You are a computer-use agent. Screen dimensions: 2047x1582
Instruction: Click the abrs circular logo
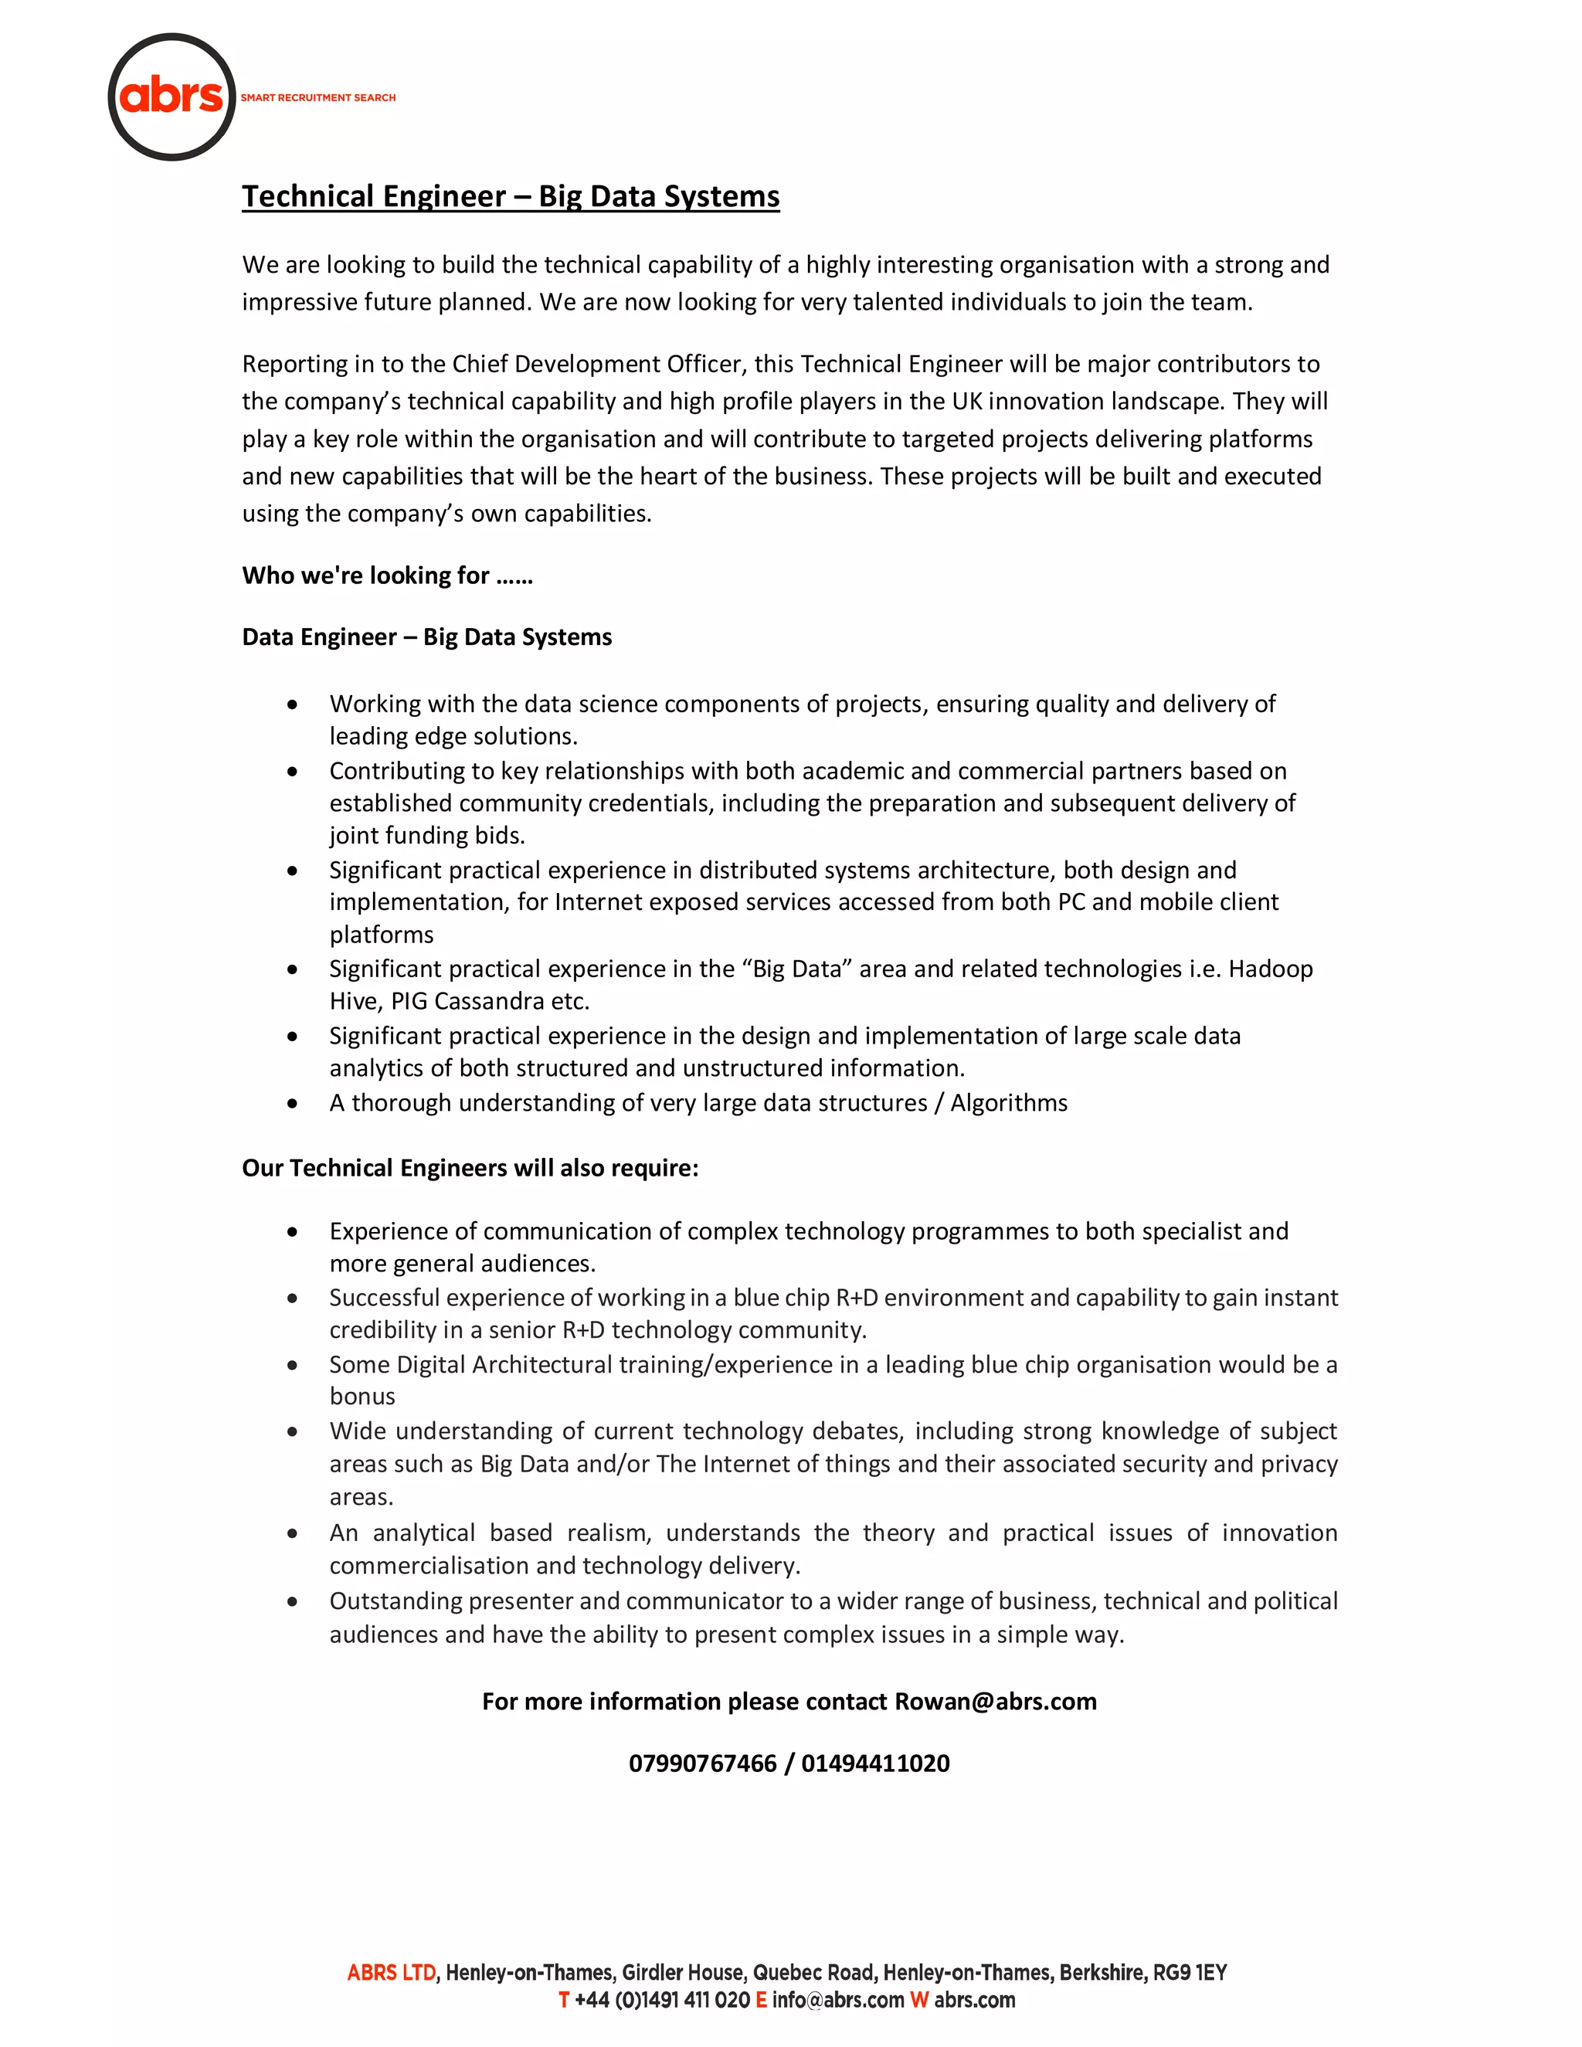[x=171, y=97]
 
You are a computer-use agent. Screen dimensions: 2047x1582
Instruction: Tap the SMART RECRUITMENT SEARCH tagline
[x=317, y=97]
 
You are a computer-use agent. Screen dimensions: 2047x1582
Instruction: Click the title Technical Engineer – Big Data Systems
[x=510, y=197]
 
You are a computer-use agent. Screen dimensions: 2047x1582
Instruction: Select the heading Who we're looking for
[x=386, y=575]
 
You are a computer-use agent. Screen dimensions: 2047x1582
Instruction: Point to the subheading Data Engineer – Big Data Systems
[x=426, y=637]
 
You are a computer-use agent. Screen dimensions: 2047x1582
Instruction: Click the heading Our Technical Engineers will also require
[x=470, y=1169]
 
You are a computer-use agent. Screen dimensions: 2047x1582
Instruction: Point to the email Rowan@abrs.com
[x=995, y=1702]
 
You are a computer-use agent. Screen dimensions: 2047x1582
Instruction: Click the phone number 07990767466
[x=702, y=1764]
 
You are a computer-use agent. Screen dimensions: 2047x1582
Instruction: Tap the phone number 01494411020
[x=875, y=1764]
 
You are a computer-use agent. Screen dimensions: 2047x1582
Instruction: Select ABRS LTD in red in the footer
[x=391, y=1973]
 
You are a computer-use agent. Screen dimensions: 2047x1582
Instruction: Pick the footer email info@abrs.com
[x=838, y=2000]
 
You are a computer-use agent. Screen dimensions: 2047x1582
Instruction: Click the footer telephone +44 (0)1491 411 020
[x=662, y=2000]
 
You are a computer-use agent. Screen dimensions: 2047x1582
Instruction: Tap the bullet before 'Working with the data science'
[x=294, y=704]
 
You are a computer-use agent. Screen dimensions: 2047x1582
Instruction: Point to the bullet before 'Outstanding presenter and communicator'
[x=294, y=1603]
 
